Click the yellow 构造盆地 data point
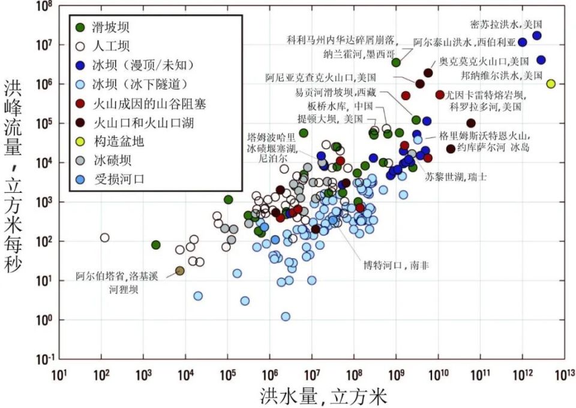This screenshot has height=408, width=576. coord(551,84)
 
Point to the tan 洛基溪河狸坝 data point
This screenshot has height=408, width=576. coord(179,271)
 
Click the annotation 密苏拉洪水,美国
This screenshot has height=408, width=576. coord(506,25)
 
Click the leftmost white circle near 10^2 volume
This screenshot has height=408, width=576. coord(104,238)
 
